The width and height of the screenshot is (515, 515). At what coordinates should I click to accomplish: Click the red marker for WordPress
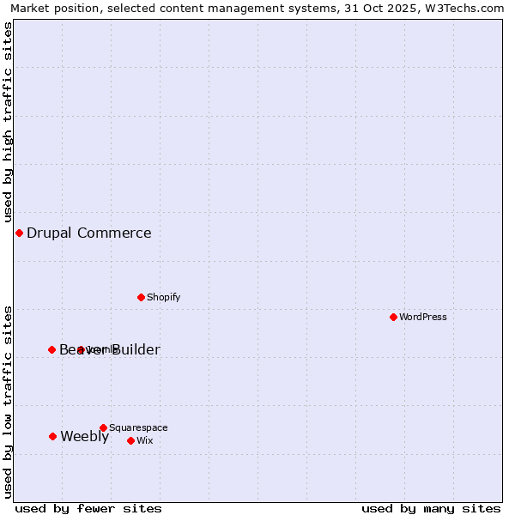tap(393, 317)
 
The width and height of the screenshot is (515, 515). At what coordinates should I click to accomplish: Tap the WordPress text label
tap(423, 317)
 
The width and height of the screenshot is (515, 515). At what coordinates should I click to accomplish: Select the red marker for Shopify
tap(141, 297)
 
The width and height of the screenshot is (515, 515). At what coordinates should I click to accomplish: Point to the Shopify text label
tap(163, 297)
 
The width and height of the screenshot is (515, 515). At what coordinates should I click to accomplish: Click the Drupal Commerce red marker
tap(19, 233)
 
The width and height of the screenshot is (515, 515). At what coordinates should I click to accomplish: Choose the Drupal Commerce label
tap(89, 233)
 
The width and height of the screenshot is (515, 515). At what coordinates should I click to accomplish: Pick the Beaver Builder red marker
tap(51, 349)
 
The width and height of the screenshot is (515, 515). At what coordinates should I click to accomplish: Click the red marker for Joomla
tap(81, 349)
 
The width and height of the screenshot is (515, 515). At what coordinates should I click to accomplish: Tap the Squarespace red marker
tap(103, 427)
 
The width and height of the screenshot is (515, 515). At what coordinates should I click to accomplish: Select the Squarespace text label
tap(138, 427)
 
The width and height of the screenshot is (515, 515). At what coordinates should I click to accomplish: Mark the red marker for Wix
tap(130, 440)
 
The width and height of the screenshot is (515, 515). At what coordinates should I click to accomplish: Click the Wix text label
tap(145, 440)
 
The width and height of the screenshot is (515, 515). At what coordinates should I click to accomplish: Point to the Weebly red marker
tap(52, 436)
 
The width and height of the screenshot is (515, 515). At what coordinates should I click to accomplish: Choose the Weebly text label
tap(85, 436)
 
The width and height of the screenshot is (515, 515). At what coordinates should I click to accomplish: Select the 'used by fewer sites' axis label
tap(88, 508)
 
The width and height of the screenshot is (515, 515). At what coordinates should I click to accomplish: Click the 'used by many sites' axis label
tap(431, 508)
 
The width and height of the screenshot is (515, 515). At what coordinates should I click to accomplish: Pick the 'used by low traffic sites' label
tap(9, 402)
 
